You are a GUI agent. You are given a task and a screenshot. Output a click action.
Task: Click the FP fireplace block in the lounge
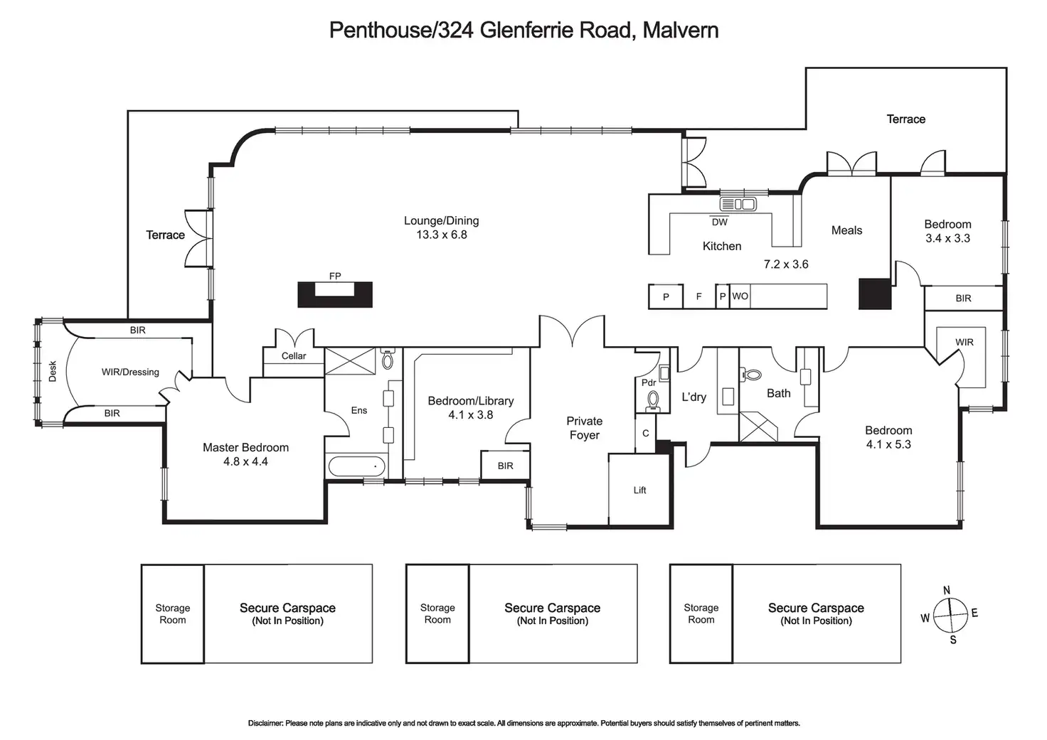[334, 294]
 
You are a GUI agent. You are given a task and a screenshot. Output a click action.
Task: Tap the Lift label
[639, 490]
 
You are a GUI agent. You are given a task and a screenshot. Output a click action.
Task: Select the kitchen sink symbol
[738, 205]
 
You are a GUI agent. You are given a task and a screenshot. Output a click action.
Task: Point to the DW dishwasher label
[720, 222]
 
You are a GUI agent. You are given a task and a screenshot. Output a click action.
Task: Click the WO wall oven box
[740, 296]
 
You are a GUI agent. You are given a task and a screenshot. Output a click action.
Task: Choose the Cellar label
[294, 355]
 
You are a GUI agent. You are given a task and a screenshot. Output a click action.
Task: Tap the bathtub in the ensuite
[356, 466]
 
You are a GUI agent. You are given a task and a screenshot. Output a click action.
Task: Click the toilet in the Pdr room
[653, 401]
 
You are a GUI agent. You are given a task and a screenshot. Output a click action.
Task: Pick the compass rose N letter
[947, 591]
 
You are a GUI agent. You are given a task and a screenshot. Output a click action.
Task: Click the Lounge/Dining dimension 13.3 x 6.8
[442, 235]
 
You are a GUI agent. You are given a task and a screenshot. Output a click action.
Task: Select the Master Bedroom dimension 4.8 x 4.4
[245, 461]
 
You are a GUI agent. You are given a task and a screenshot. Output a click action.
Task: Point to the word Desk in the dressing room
[53, 371]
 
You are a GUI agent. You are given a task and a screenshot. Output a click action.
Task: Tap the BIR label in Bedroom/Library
[505, 466]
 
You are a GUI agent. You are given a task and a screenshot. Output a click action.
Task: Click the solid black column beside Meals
[874, 294]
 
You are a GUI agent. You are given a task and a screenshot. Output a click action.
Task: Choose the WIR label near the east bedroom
[964, 342]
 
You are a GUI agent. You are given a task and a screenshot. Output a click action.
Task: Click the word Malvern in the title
[680, 30]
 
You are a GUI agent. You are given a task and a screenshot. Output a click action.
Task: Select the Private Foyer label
[584, 428]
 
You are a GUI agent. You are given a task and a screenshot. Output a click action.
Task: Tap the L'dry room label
[693, 397]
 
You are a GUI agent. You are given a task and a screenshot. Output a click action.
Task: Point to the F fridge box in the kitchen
[698, 296]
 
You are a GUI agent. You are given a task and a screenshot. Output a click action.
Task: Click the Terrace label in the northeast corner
[905, 119]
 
